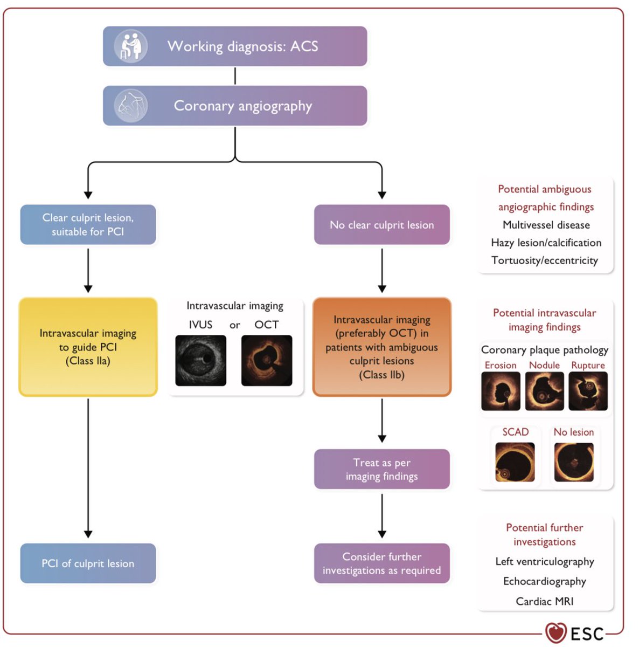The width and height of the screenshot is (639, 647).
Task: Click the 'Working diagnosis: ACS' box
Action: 235,46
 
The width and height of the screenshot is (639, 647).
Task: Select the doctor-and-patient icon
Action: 130,46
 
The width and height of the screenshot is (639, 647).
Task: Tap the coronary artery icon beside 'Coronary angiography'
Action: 130,106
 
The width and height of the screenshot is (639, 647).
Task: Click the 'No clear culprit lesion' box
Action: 382,225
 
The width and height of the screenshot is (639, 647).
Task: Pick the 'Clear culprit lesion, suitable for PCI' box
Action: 88,225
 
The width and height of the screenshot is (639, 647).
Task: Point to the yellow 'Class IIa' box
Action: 88,347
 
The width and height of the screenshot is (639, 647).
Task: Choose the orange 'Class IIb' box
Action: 382,347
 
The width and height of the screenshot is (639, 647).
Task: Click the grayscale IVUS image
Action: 200,360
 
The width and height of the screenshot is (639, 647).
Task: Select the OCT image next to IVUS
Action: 267,360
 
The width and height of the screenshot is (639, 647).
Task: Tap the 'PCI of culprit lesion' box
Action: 88,563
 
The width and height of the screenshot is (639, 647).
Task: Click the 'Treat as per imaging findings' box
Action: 382,469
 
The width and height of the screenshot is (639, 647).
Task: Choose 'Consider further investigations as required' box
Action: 382,563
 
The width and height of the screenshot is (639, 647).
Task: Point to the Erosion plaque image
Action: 501,391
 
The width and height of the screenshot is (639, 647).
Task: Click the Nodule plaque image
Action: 544,391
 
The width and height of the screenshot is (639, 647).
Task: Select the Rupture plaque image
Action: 588,391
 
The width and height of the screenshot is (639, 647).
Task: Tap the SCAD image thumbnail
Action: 515,462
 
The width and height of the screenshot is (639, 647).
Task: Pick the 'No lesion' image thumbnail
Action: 574,462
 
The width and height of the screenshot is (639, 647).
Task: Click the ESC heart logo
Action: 556,632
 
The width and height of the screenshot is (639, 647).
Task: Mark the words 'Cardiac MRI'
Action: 545,601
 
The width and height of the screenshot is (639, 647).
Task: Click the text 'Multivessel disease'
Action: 546,225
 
